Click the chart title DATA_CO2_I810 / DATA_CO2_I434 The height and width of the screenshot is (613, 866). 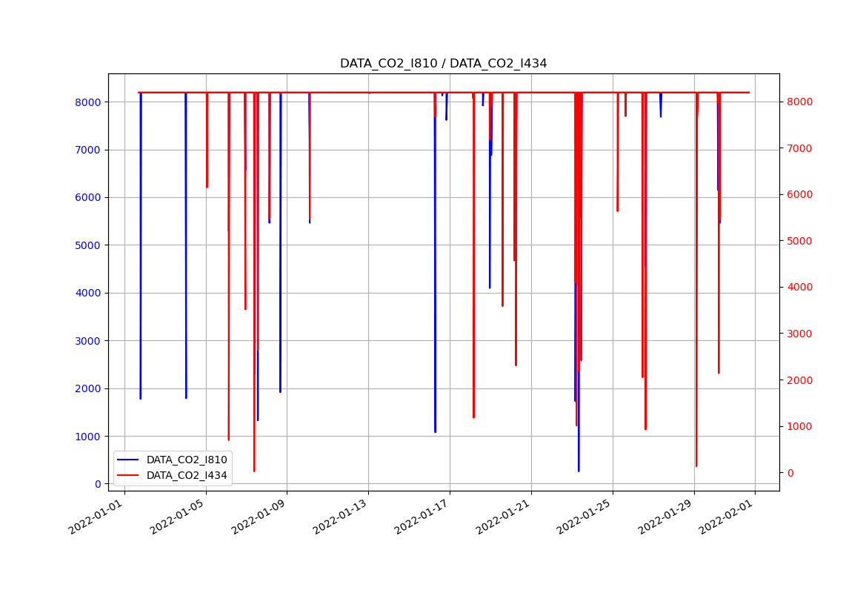pyautogui.click(x=443, y=64)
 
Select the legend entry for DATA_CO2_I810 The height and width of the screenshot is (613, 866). pyautogui.click(x=186, y=460)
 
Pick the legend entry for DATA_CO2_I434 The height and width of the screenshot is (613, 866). pyautogui.click(x=186, y=475)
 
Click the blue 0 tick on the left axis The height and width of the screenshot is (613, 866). pyautogui.click(x=96, y=484)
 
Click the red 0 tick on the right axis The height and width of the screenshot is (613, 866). pyautogui.click(x=791, y=473)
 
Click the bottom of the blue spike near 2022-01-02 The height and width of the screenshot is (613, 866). pyautogui.click(x=140, y=399)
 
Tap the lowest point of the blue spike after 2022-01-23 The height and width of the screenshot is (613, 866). pyautogui.click(x=579, y=471)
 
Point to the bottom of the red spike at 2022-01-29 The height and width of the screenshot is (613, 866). pyautogui.click(x=696, y=465)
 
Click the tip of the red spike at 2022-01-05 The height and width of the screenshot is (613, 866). pyautogui.click(x=207, y=187)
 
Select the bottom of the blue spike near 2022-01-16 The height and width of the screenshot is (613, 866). pyautogui.click(x=435, y=432)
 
